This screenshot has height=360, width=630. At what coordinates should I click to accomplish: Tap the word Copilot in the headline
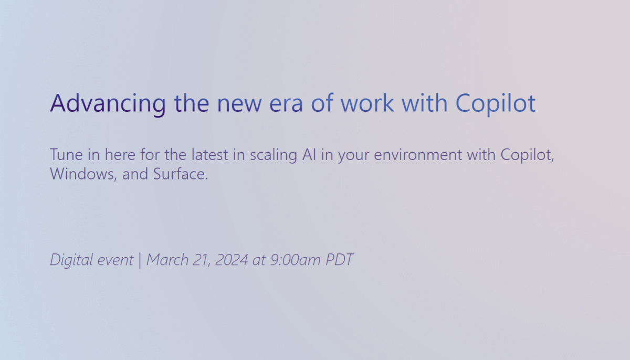pyautogui.click(x=495, y=103)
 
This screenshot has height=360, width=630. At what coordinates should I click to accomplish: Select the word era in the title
pyautogui.click(x=287, y=103)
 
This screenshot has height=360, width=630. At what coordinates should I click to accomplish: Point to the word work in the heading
pyautogui.click(x=366, y=103)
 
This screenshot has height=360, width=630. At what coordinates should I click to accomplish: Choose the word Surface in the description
pyautogui.click(x=181, y=174)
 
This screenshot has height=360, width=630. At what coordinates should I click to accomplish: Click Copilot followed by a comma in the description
pyautogui.click(x=527, y=155)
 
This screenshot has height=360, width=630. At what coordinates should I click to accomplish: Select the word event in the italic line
pyautogui.click(x=113, y=259)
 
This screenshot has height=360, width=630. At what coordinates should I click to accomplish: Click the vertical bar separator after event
pyautogui.click(x=140, y=260)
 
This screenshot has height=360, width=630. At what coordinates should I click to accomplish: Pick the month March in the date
pyautogui.click(x=167, y=259)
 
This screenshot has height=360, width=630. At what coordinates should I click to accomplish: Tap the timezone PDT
pyautogui.click(x=339, y=259)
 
